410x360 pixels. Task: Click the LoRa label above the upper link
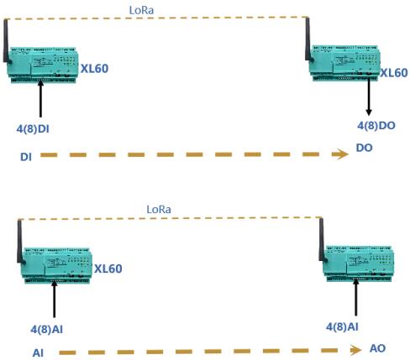(x=141, y=10)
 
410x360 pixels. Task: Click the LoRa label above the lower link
(x=159, y=209)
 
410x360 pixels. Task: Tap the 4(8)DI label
(x=33, y=129)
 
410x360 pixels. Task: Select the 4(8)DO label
(x=376, y=126)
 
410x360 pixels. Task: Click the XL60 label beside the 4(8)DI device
(x=94, y=69)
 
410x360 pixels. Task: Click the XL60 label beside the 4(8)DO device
(x=394, y=73)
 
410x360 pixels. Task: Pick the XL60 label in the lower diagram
(x=108, y=269)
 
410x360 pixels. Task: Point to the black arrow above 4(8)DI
(x=40, y=99)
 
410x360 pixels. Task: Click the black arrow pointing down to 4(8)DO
(x=369, y=97)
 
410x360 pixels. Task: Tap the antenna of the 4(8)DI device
(x=6, y=40)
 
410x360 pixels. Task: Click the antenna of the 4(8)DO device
(x=308, y=39)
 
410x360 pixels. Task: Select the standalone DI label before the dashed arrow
(x=26, y=157)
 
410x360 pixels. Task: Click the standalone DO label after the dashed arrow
(x=364, y=148)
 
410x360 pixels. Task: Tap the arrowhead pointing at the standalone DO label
(x=340, y=154)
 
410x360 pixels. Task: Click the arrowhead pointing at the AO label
(x=355, y=350)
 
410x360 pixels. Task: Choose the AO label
(x=377, y=348)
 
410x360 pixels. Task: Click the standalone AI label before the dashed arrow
(x=38, y=352)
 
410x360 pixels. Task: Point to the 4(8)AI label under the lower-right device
(x=342, y=326)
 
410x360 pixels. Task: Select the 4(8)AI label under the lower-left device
(x=46, y=329)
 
